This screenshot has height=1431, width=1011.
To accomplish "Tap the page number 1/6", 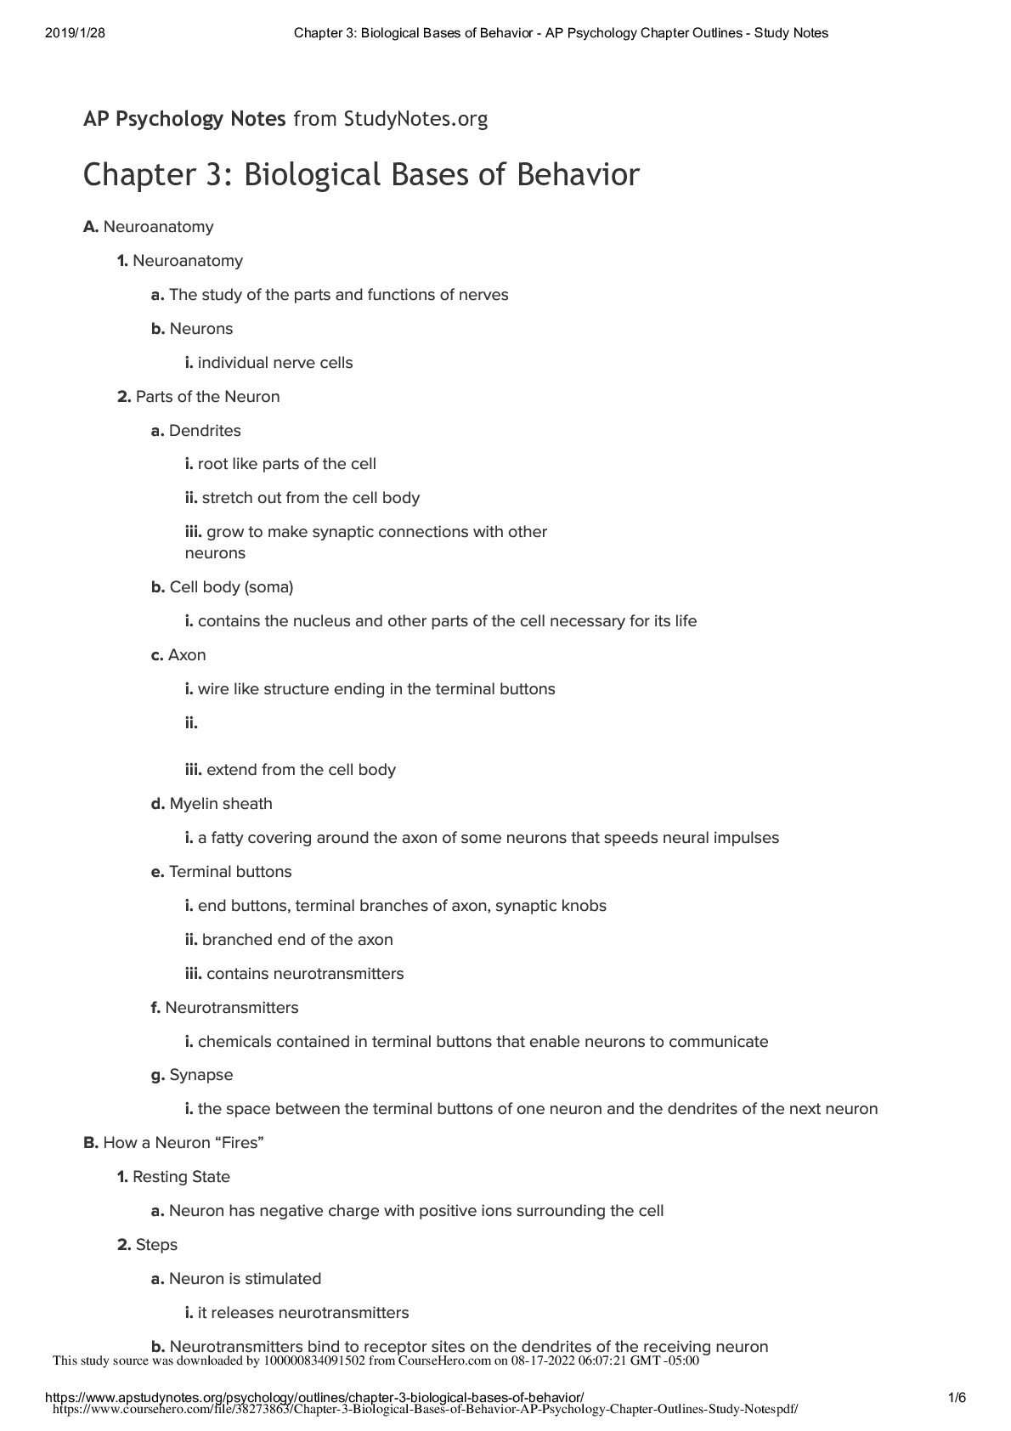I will pos(957,1397).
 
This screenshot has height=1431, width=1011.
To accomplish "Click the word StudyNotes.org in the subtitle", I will pos(415,119).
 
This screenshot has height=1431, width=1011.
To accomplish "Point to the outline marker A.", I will pos(91,227).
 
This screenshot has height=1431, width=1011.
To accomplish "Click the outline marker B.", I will pos(91,1143).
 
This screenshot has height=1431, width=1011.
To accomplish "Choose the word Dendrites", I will pos(205,431).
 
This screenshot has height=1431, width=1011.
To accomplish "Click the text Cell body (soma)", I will pos(231,587).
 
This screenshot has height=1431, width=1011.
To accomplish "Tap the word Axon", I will pos(187,655).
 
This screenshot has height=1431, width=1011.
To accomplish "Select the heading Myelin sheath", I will pos(221,804).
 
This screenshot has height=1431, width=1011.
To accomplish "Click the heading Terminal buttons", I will pos(230,872).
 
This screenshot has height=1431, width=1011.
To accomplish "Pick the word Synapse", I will pos(201,1075).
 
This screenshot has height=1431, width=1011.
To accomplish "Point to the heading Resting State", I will pos(181,1177).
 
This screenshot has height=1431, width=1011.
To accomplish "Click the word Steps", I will pos(156,1245).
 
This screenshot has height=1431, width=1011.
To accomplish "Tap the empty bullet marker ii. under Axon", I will pos(191,723).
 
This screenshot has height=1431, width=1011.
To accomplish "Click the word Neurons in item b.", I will pos(201,329).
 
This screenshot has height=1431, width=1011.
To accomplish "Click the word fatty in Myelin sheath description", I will pos(227,838).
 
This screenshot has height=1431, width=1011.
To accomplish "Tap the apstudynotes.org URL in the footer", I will pos(313,1398).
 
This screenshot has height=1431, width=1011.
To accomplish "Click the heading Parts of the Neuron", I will pos(207,397).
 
